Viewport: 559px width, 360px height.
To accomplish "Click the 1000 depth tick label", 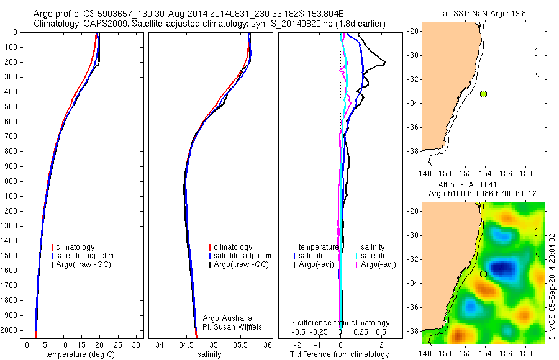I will [10, 181].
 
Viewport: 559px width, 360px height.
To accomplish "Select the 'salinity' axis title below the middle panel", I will [209, 354].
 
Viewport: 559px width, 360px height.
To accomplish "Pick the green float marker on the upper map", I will [483, 94].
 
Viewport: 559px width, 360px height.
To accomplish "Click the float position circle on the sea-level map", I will [483, 274].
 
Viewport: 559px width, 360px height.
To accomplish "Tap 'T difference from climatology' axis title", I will [339, 354].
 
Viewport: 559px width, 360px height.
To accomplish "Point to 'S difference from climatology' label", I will [340, 323].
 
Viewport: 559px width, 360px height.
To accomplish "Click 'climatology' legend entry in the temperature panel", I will [82, 247].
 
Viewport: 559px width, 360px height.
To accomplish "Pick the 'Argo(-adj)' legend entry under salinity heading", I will [379, 265].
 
